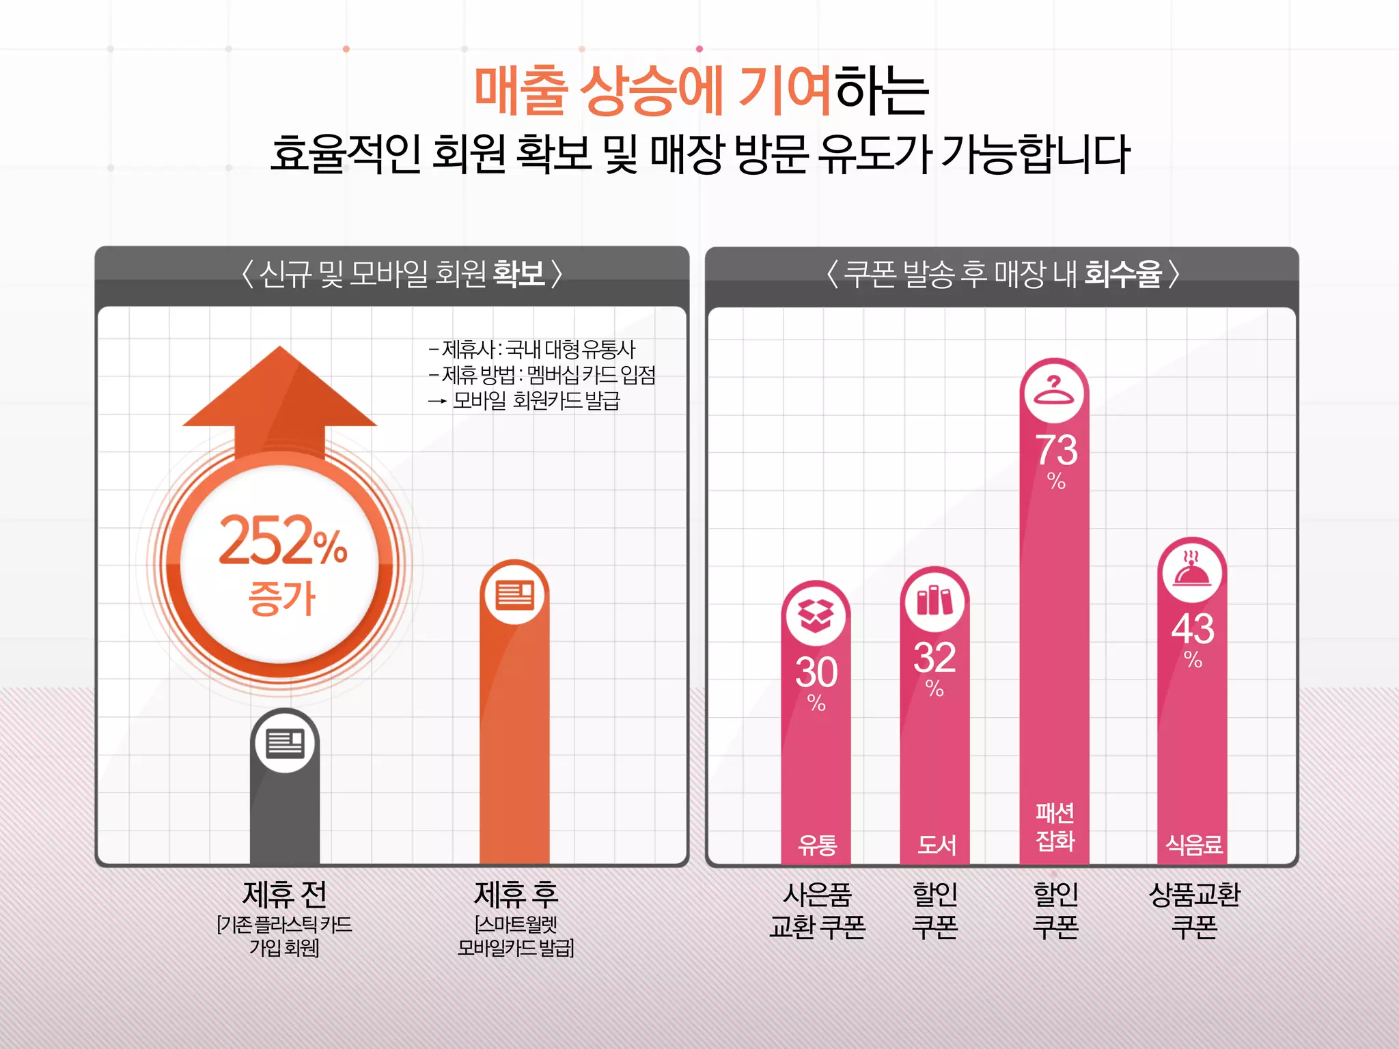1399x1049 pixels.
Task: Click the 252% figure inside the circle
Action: (282, 541)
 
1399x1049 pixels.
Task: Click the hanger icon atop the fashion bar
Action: (1055, 391)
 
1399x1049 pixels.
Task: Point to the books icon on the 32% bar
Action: (934, 600)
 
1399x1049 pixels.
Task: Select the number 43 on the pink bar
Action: (1193, 628)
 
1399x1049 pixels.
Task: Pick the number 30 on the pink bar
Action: (816, 672)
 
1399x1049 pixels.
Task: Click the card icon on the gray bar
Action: (285, 743)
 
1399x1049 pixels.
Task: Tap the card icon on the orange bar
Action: (514, 594)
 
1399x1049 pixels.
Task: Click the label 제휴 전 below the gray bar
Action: (285, 894)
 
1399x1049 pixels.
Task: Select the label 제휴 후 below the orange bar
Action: (516, 894)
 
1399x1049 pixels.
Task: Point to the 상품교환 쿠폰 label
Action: (1194, 910)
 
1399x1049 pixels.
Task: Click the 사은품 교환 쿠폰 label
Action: (817, 910)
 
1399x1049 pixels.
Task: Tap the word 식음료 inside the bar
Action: (1193, 845)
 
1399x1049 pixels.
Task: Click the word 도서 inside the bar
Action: (936, 845)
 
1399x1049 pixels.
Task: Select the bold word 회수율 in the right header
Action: (1123, 274)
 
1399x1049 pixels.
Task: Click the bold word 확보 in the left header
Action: (519, 274)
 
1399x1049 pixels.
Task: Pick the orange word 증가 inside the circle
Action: (282, 598)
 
